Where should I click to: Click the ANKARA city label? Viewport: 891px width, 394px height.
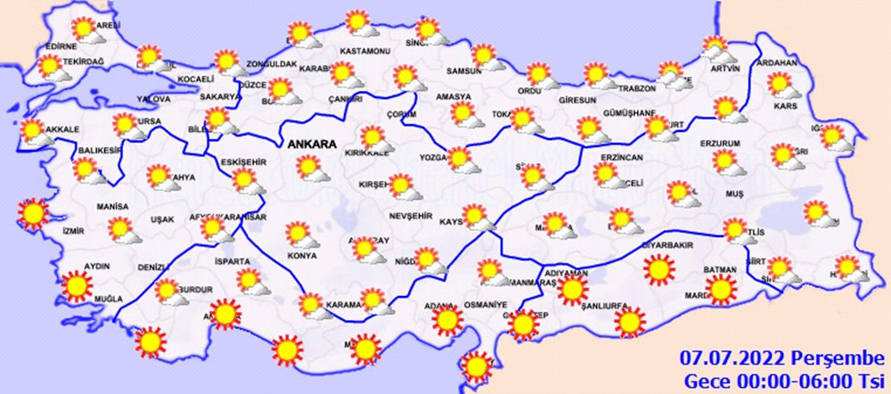coord(311,144)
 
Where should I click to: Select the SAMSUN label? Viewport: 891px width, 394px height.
coord(464,71)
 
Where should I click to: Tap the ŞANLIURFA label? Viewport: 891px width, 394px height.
coord(606,307)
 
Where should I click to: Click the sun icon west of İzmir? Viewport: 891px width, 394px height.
coord(34,213)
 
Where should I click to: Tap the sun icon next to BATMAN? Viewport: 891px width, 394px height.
coord(721,289)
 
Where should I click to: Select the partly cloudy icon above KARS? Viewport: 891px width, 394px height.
coord(782,86)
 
